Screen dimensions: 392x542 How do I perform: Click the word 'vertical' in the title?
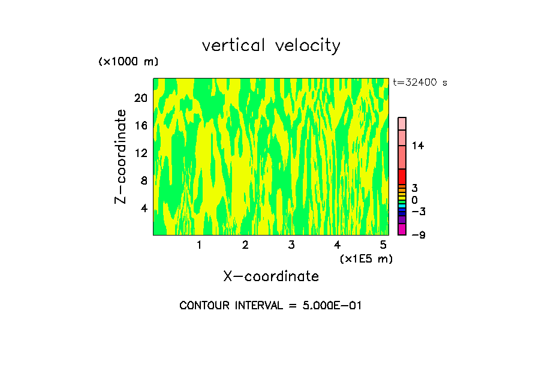click(x=234, y=46)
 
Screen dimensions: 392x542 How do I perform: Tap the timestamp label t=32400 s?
click(x=420, y=83)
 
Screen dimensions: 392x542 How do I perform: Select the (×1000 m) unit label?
click(x=128, y=62)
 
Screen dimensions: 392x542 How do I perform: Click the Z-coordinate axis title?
click(x=121, y=156)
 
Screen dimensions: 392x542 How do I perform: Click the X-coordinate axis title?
click(x=271, y=276)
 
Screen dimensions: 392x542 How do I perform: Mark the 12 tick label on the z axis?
click(x=140, y=153)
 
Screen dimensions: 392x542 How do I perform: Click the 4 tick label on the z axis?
click(x=144, y=208)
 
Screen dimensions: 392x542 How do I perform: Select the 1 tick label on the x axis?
click(x=199, y=245)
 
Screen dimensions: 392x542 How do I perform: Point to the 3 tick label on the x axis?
click(x=291, y=245)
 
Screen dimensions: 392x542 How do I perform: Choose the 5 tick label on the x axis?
click(x=383, y=245)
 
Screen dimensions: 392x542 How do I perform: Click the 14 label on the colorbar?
click(x=418, y=146)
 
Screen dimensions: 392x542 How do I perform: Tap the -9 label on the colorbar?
click(x=418, y=235)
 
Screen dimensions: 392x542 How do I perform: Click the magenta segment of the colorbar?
click(x=402, y=230)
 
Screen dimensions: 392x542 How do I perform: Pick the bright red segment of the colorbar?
click(x=402, y=177)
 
